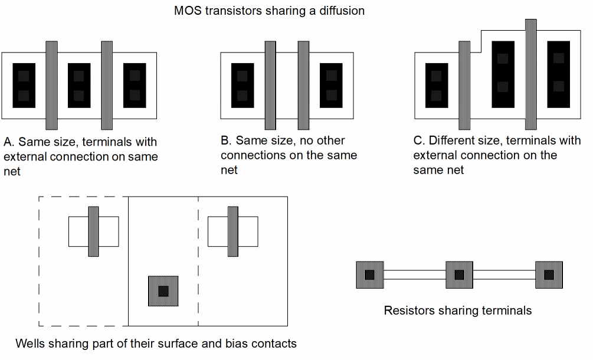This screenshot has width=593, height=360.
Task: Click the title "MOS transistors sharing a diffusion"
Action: pyautogui.click(x=269, y=11)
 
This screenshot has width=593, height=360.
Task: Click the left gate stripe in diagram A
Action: pyautogui.click(x=51, y=85)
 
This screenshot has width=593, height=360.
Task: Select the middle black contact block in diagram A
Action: pyautogui.click(x=79, y=85)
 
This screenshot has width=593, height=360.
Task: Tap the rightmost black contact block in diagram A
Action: pyautogui.click(x=135, y=85)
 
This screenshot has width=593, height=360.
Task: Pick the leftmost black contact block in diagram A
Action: pyautogui.click(x=24, y=85)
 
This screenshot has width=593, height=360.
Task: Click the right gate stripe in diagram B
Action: pyautogui.click(x=303, y=85)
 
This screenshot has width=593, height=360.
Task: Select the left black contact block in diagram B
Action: pyautogui.click(x=242, y=85)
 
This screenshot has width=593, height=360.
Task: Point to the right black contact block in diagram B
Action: pyautogui.click(x=331, y=85)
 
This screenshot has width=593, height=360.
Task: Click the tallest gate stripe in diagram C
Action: pyautogui.click(x=530, y=74)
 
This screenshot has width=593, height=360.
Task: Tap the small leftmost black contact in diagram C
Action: pyautogui.click(x=436, y=85)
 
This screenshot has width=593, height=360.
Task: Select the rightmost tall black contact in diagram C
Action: pyautogui.click(x=558, y=74)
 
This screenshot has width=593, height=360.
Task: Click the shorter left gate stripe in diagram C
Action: pyautogui.click(x=464, y=85)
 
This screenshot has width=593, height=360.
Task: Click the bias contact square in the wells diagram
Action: pyautogui.click(x=163, y=291)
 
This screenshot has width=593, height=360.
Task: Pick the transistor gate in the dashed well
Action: pyautogui.click(x=93, y=231)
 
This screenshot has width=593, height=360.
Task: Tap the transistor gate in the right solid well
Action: pyautogui.click(x=232, y=231)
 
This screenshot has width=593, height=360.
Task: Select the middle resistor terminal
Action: pyautogui.click(x=460, y=275)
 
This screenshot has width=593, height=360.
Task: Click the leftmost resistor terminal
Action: pyautogui.click(x=369, y=275)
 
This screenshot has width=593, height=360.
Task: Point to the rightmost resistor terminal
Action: pyautogui.click(x=549, y=275)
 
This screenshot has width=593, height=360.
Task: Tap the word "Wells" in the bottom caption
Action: pyautogui.click(x=30, y=343)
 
